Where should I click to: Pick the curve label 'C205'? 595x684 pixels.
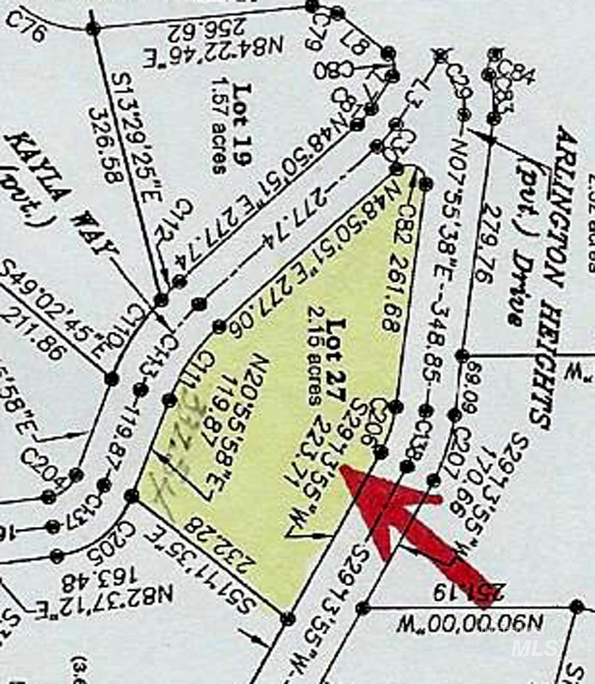(x=111, y=546)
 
